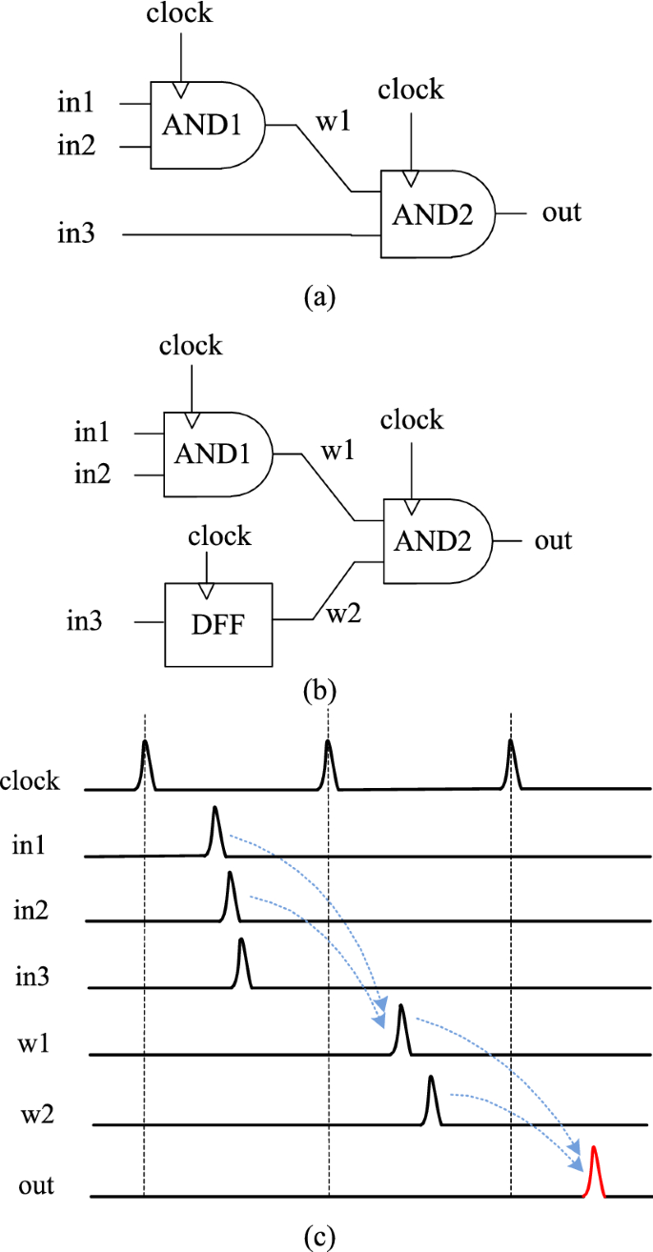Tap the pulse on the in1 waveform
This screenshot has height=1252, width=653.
(215, 832)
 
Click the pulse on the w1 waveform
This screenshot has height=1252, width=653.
(401, 1030)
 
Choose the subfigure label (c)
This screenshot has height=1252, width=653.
(318, 1237)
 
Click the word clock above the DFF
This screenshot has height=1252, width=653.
(219, 535)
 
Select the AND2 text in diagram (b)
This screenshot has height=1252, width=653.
(435, 541)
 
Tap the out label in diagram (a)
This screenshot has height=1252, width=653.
(561, 212)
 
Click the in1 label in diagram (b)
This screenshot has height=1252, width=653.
(92, 434)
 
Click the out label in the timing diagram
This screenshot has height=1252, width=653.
(35, 1185)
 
